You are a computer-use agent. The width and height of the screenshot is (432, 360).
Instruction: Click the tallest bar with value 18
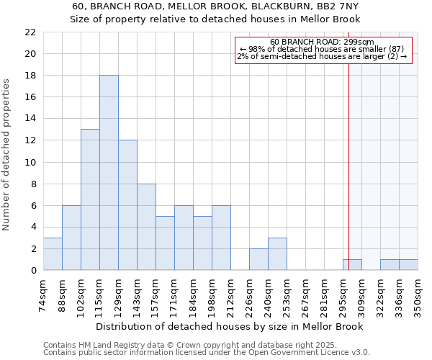point(109,173)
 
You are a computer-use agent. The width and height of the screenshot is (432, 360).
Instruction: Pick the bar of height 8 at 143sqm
point(146,227)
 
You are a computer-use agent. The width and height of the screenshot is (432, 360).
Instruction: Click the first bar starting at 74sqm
point(53,254)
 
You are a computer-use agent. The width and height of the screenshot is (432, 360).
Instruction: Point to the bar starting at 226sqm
point(258,259)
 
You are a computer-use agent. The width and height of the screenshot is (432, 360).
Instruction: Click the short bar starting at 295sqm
point(352,265)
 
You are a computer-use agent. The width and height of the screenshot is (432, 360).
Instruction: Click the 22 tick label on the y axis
point(30,32)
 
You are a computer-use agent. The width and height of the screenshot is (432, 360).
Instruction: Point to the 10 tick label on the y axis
point(30,162)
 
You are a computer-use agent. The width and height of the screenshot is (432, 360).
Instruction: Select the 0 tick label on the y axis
point(32,271)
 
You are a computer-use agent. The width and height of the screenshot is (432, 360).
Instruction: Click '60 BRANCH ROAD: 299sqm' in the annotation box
point(323,42)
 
